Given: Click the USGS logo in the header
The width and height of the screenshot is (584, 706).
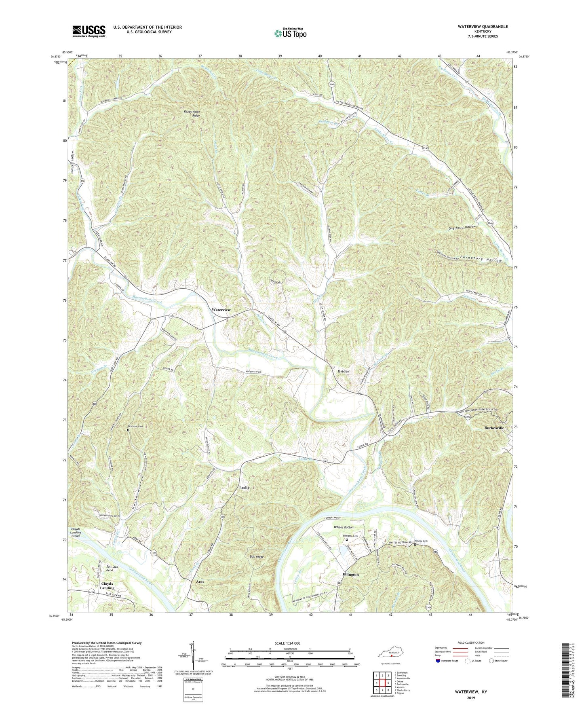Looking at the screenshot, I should [89, 31].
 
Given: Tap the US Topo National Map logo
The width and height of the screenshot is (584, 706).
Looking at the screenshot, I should [289, 33].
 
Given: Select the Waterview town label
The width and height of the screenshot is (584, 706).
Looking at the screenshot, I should [221, 310].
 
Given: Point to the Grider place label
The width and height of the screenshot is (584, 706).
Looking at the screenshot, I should [344, 371].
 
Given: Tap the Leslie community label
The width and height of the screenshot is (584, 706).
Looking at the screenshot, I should [244, 488].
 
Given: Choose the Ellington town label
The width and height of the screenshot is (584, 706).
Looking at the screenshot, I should [350, 574].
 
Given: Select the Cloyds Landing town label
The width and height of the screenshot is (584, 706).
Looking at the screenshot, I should [108, 586].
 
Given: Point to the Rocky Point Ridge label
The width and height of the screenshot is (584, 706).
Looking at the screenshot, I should [192, 114].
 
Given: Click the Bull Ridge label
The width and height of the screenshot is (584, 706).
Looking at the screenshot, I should [256, 557].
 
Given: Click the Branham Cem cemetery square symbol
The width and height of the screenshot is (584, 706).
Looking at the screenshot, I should [128, 430].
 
